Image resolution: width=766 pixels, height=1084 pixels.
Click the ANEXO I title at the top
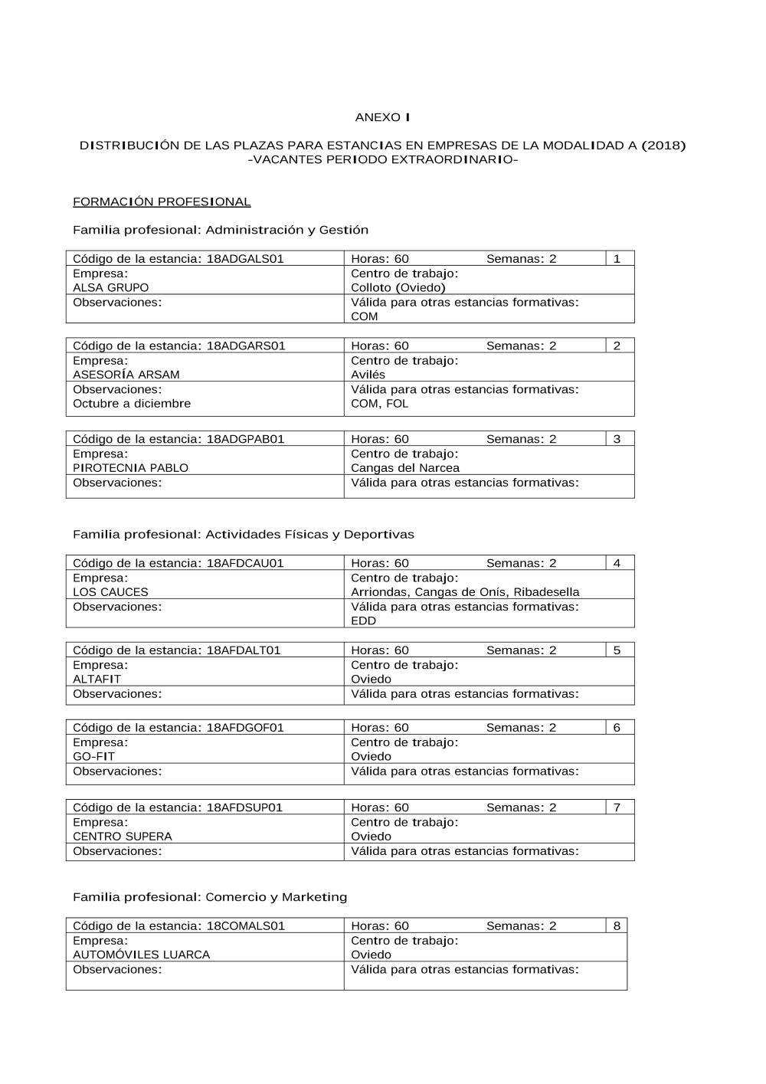click(382, 117)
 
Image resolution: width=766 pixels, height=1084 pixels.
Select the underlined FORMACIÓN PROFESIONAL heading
click(162, 202)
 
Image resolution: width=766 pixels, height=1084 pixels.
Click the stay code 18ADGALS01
click(245, 259)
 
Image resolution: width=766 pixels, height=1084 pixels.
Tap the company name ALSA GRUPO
click(111, 288)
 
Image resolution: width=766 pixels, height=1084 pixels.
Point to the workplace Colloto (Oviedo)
click(398, 288)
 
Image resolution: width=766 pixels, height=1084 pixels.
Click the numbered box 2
click(617, 346)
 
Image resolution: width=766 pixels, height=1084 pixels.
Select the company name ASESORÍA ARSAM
click(126, 375)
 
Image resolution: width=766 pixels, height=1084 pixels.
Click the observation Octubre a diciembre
click(132, 404)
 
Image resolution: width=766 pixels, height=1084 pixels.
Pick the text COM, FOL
click(379, 404)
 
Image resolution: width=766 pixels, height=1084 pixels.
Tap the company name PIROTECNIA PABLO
click(130, 468)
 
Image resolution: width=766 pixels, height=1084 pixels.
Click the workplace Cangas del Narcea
click(405, 468)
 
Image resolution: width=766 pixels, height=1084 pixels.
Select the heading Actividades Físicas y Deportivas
click(309, 535)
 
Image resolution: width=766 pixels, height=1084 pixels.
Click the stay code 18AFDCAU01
click(245, 563)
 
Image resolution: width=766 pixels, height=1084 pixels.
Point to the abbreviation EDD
click(363, 621)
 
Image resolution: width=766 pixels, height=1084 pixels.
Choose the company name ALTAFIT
click(97, 680)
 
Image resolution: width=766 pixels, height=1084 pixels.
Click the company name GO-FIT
click(93, 757)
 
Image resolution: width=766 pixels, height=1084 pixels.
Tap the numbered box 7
click(617, 807)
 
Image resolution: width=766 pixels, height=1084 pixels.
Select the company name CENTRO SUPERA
click(123, 837)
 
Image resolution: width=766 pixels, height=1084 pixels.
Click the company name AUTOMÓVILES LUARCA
click(141, 955)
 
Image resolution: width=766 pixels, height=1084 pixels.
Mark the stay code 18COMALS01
click(246, 926)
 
